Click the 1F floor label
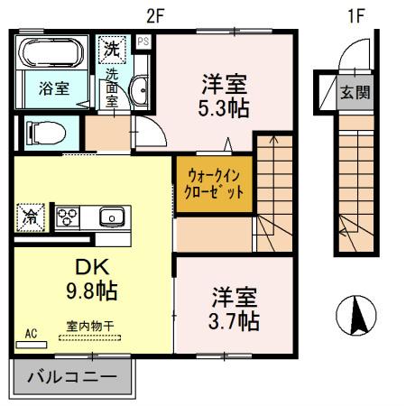[357, 15]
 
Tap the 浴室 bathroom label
[53, 88]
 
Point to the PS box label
[143, 41]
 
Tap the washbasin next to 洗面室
[141, 90]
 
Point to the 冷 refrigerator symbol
[30, 217]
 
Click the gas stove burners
[69, 217]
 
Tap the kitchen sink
[112, 217]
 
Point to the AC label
[32, 335]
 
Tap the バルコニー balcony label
[69, 376]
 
